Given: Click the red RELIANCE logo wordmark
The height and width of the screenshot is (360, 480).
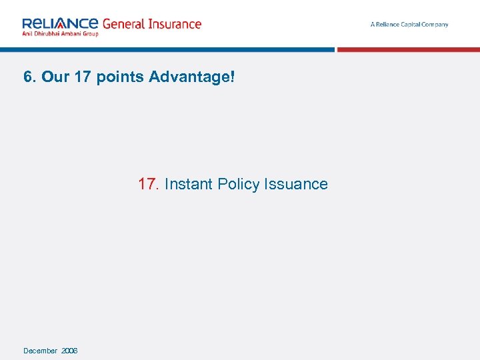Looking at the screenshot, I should [x=60, y=23].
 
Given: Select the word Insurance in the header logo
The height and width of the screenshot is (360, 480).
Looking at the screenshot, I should [x=175, y=24].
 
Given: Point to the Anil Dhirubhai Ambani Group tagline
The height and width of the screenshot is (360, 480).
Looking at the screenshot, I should [x=60, y=33].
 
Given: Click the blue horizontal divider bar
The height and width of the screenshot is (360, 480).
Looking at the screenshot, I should [x=167, y=49].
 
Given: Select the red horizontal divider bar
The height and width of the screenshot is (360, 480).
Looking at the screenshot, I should [x=408, y=49].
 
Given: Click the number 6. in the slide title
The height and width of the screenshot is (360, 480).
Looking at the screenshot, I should [x=29, y=77].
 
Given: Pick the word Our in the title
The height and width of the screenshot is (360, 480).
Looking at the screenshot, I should [x=55, y=77].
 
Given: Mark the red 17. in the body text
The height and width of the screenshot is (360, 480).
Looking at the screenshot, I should [x=147, y=184].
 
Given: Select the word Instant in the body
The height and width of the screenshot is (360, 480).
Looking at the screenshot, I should [x=189, y=184].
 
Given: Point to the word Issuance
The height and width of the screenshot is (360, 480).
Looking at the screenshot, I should [x=296, y=184].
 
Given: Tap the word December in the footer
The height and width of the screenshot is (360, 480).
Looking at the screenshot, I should [x=40, y=351].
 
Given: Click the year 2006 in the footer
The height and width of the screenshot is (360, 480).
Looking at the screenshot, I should [x=69, y=351].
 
